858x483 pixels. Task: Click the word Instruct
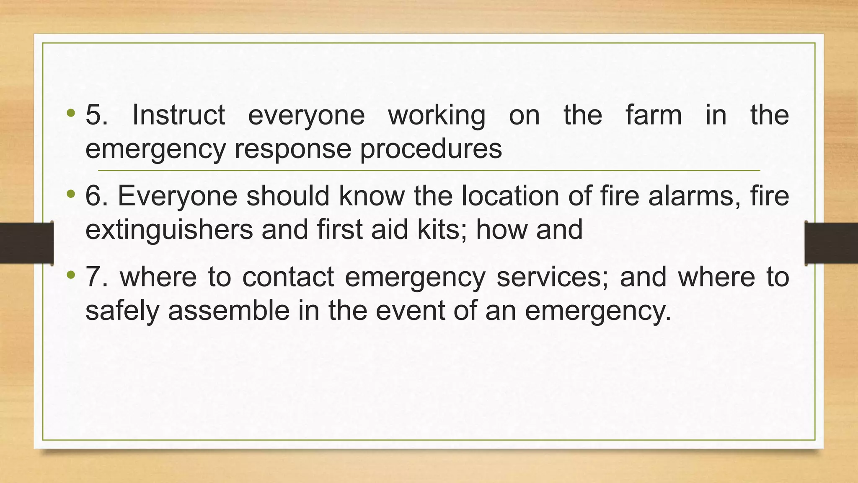(x=178, y=115)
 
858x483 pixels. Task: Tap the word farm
(x=654, y=115)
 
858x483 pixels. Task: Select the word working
(x=437, y=116)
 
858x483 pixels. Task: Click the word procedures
(x=431, y=149)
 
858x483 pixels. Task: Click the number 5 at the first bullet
(x=96, y=115)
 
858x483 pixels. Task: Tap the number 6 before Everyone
(x=96, y=196)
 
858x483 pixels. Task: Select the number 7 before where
(x=96, y=277)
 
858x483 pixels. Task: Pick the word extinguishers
(x=169, y=230)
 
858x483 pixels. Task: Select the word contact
(x=288, y=277)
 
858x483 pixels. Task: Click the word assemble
(x=229, y=311)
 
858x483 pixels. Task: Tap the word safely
(x=122, y=312)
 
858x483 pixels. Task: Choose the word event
(x=410, y=311)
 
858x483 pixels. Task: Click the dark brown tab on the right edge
(x=831, y=243)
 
